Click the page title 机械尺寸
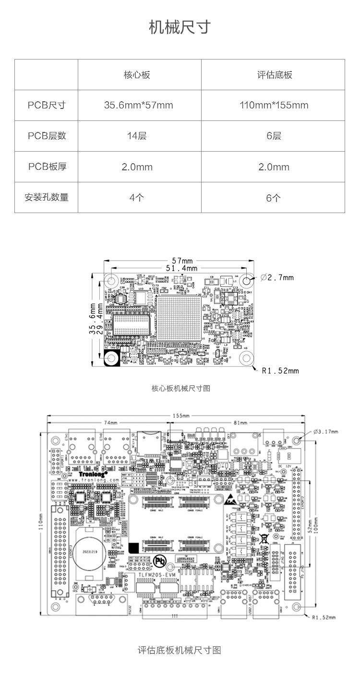(180, 27)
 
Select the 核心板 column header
(137, 75)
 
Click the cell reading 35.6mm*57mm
(138, 105)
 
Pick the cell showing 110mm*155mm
(274, 105)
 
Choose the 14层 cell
(137, 136)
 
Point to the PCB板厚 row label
(47, 167)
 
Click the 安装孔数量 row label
(47, 197)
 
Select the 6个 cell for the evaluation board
(274, 197)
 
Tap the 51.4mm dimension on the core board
(181, 268)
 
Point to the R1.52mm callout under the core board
(280, 370)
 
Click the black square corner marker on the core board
(112, 358)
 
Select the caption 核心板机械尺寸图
(180, 388)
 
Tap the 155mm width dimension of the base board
(180, 416)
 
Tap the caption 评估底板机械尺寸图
(180, 650)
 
